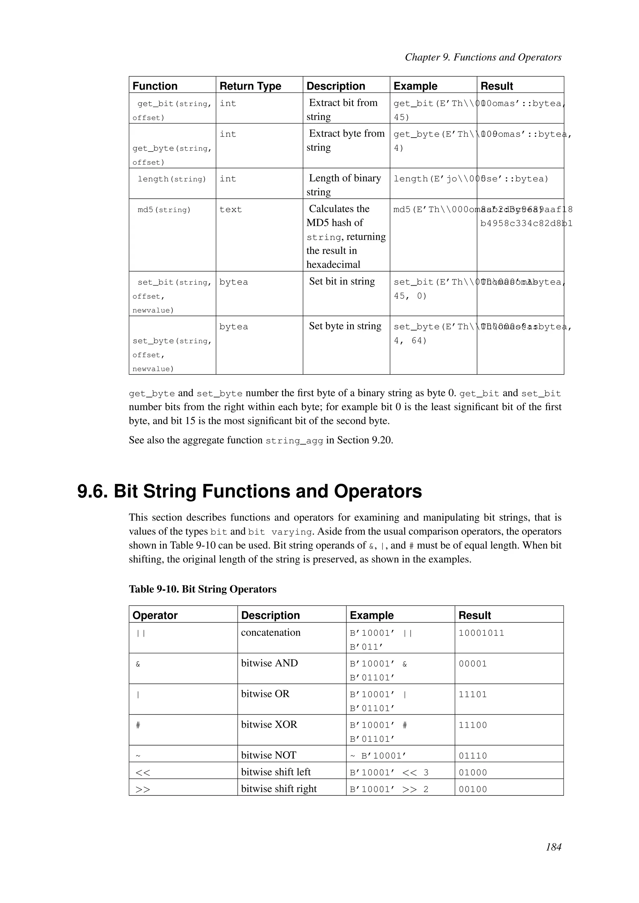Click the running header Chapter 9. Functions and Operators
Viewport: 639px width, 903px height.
click(483, 57)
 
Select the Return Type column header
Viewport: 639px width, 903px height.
click(250, 86)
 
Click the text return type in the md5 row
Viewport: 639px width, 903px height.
click(231, 210)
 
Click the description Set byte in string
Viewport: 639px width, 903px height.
click(345, 326)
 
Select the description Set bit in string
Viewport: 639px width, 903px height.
click(342, 281)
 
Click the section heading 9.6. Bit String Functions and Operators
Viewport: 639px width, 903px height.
click(250, 492)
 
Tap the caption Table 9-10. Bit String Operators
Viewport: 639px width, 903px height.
click(202, 589)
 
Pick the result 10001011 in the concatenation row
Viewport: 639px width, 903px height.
click(481, 633)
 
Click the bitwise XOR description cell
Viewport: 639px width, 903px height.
click(269, 724)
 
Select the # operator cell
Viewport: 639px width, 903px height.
click(138, 725)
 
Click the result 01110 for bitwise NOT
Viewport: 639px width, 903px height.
click(473, 756)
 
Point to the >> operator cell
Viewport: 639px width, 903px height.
click(143, 789)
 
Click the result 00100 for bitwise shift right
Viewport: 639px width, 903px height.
click(473, 789)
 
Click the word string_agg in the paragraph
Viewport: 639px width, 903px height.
click(294, 441)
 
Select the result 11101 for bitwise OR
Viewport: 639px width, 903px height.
click(473, 694)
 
